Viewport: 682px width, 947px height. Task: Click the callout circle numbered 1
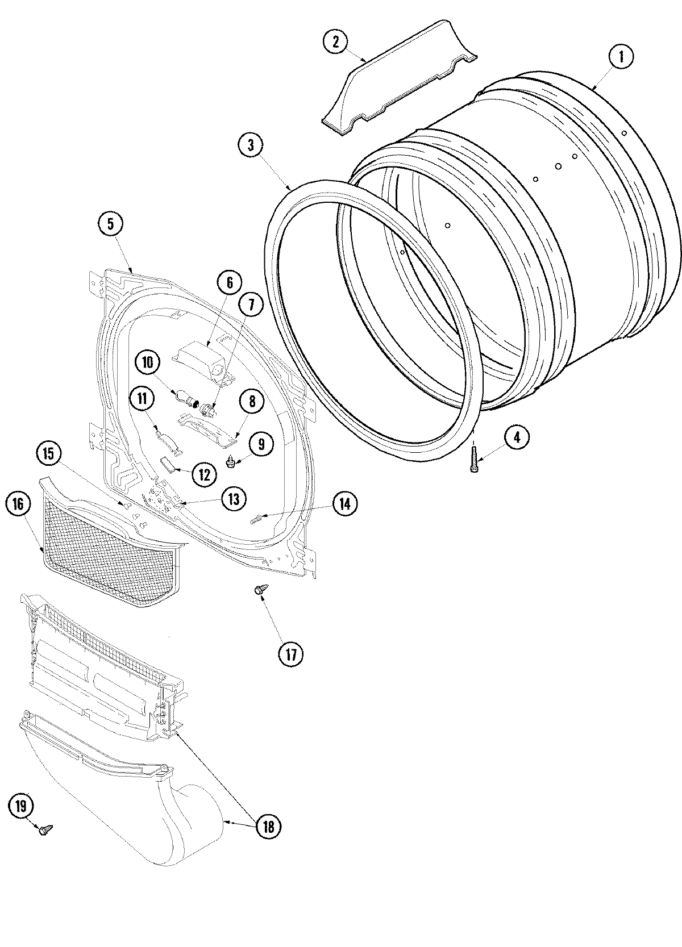tap(621, 57)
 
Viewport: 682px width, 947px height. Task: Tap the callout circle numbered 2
tap(336, 41)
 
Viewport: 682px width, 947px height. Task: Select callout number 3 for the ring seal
tap(251, 145)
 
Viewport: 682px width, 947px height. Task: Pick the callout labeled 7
tap(251, 306)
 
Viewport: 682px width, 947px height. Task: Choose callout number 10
tap(148, 362)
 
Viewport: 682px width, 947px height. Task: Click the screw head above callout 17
tap(259, 591)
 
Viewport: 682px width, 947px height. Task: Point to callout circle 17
tap(291, 654)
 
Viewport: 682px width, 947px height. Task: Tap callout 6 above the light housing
tap(230, 282)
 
